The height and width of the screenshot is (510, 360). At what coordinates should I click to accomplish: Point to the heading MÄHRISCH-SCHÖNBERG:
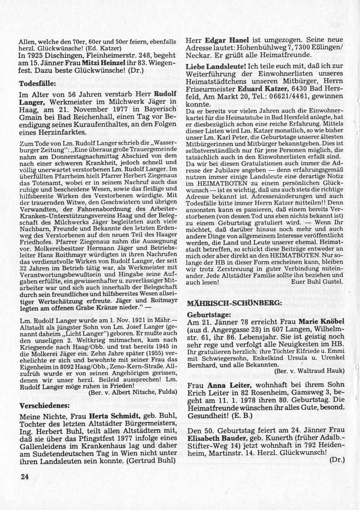234,303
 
